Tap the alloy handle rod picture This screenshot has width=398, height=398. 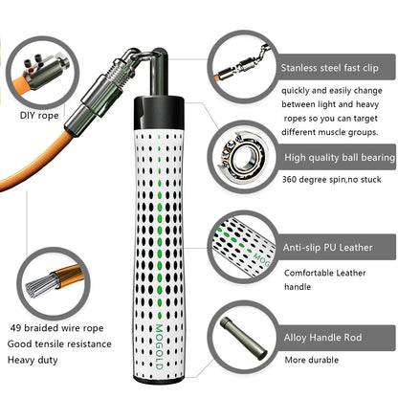243,338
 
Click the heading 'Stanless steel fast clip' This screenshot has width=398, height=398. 329,68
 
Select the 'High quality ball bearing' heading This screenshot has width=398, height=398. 340,157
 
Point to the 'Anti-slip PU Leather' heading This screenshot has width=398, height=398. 327,248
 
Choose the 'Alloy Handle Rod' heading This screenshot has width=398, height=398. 322,338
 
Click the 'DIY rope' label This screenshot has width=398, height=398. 39,116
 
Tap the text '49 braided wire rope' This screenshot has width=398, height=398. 56,328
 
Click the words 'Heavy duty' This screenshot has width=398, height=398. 33,361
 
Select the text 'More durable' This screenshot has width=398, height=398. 312,360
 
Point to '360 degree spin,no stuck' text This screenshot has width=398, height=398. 331,180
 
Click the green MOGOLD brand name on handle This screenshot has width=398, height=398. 159,346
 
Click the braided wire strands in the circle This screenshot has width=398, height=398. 40,285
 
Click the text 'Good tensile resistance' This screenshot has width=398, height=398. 59,344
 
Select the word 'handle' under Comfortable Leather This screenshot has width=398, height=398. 298,287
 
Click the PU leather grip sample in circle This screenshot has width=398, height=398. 243,245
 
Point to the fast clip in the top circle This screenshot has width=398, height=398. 242,64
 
